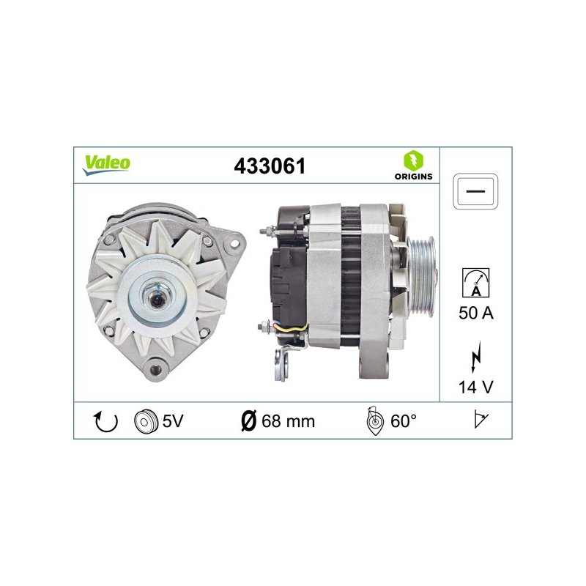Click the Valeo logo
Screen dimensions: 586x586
tap(106, 165)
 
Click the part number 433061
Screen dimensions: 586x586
tap(270, 166)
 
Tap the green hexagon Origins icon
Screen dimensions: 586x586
tap(413, 160)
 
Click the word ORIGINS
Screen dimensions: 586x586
tap(413, 177)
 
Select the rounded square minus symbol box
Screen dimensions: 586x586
tap(475, 191)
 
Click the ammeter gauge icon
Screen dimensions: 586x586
tap(475, 283)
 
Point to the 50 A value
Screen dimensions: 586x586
tap(475, 313)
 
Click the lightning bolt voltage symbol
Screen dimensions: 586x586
tap(475, 357)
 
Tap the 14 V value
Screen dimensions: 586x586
tap(475, 387)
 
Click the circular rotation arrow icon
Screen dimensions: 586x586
tap(105, 421)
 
